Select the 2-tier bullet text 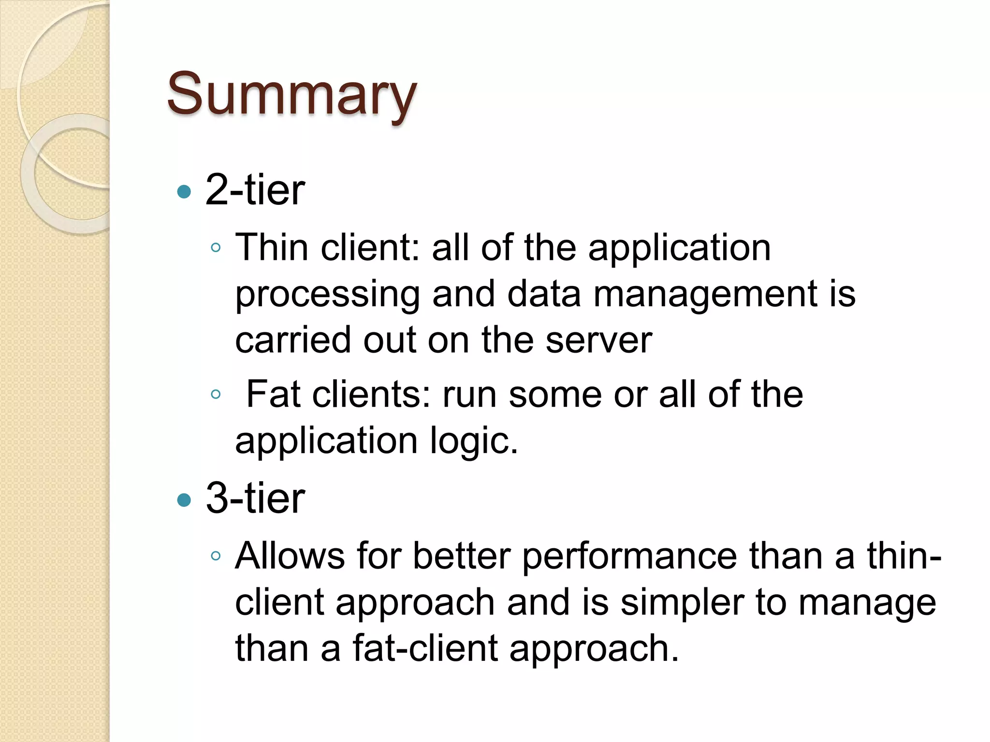255,190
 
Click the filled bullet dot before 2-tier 184,192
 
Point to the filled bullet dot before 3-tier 184,499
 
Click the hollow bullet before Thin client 216,248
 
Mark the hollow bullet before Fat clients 216,395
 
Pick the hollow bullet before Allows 216,556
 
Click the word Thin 272,247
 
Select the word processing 328,295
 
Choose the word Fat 273,394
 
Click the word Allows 290,556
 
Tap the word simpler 682,603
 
